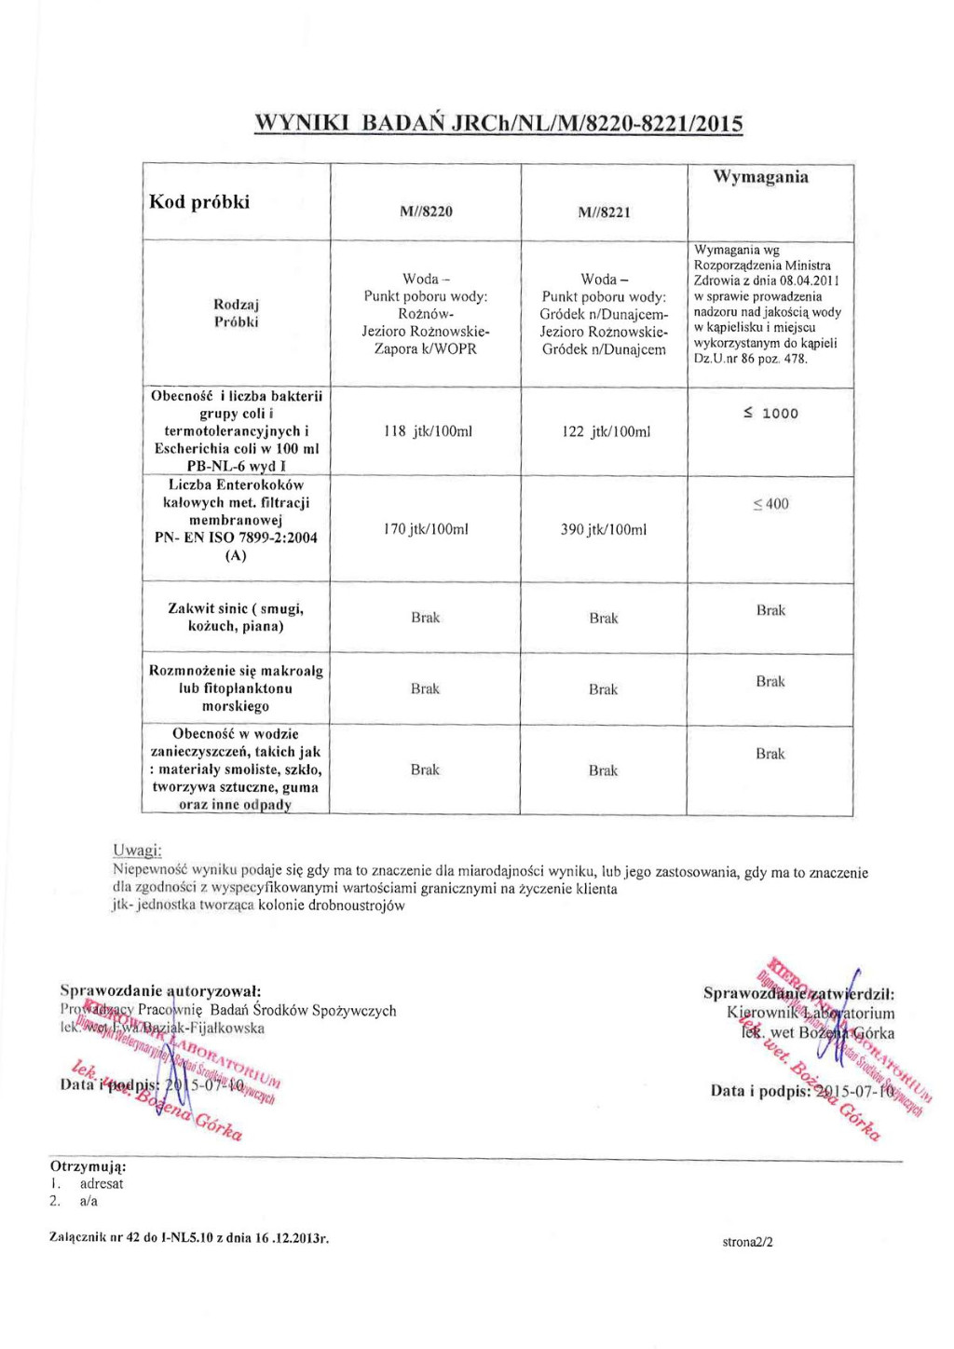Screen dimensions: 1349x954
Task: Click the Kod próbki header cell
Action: [199, 202]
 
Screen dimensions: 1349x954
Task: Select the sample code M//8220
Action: [426, 211]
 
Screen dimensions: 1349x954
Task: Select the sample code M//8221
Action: [604, 212]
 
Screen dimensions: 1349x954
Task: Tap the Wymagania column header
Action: [760, 177]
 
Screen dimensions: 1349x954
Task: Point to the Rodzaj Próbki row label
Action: [236, 313]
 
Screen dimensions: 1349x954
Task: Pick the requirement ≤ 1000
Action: [770, 414]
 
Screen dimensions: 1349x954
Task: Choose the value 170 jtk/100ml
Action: [426, 529]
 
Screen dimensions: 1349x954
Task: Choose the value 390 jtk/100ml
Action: [604, 529]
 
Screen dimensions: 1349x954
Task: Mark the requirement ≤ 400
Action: [770, 504]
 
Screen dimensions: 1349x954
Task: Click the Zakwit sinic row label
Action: [236, 617]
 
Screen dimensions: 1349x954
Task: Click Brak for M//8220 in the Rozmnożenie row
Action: [425, 688]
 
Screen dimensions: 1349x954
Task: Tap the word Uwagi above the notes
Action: [137, 851]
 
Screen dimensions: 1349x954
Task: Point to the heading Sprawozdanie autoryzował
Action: [160, 990]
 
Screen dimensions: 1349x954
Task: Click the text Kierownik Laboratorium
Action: [811, 1013]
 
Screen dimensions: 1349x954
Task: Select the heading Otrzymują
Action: [89, 1165]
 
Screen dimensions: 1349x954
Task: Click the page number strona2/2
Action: [747, 1242]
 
